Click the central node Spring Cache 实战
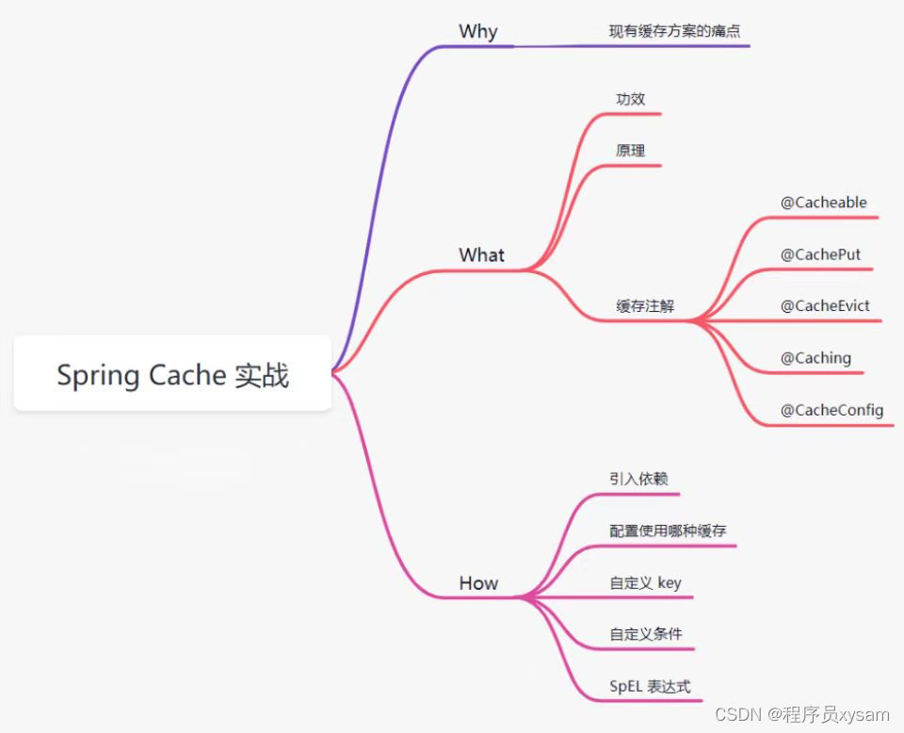pyautogui.click(x=172, y=375)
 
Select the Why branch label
pyautogui.click(x=477, y=31)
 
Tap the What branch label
pyautogui.click(x=481, y=254)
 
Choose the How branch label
pyautogui.click(x=478, y=583)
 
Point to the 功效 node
pyautogui.click(x=630, y=99)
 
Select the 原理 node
pyautogui.click(x=630, y=151)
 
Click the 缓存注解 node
pyautogui.click(x=645, y=306)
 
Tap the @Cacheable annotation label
pyautogui.click(x=823, y=203)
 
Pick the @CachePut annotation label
pyautogui.click(x=820, y=254)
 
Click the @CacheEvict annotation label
pyautogui.click(x=825, y=306)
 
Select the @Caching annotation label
pyautogui.click(x=815, y=358)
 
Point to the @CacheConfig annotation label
pyautogui.click(x=831, y=410)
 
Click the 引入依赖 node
pyautogui.click(x=638, y=479)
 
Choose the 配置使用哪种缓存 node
pyautogui.click(x=668, y=530)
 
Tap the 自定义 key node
pyautogui.click(x=645, y=583)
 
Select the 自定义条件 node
pyautogui.click(x=645, y=634)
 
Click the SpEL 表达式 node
pyautogui.click(x=650, y=687)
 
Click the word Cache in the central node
pyautogui.click(x=186, y=375)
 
